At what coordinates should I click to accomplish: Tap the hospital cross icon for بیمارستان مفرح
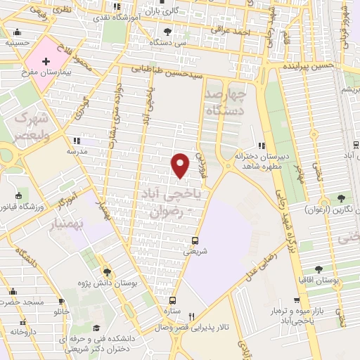[x=46, y=62]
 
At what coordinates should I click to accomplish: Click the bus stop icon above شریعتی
[x=196, y=240]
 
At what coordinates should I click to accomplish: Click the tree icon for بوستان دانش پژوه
[x=107, y=272]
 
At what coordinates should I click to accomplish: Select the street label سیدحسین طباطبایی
[x=174, y=72]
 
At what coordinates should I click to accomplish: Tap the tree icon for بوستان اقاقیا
[x=319, y=269]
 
